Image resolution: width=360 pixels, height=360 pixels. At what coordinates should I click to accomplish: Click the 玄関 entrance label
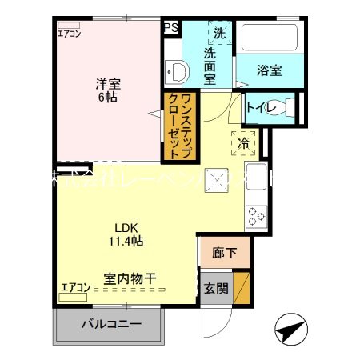pyautogui.click(x=214, y=287)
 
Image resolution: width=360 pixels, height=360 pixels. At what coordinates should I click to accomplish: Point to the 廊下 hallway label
pyautogui.click(x=224, y=253)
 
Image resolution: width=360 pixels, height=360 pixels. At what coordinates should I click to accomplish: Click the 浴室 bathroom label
pyautogui.click(x=269, y=70)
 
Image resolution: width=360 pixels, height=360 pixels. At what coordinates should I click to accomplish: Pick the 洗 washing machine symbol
pyautogui.click(x=218, y=34)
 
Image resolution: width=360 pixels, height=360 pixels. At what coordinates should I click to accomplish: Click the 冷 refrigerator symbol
pyautogui.click(x=243, y=143)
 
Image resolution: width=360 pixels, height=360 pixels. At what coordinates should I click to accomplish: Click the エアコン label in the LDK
pyautogui.click(x=74, y=286)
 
